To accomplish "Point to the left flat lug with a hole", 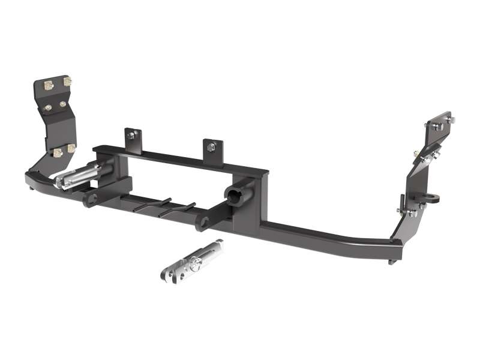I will (x=90, y=198).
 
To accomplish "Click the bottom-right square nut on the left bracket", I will (x=71, y=148).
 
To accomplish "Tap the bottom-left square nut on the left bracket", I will (x=58, y=152).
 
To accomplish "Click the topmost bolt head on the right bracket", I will (x=437, y=126).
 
